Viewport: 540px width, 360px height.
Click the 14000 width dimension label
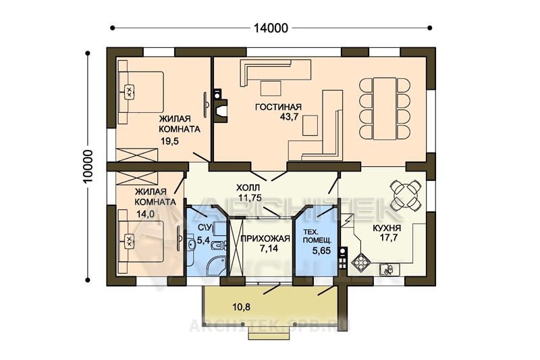271,28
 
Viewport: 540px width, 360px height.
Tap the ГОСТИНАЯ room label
278,107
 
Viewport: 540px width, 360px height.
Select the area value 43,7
289,117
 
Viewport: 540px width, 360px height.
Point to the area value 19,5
170,141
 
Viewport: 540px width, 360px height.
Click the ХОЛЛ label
248,188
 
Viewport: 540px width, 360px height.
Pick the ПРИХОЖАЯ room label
265,238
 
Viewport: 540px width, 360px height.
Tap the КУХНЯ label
386,228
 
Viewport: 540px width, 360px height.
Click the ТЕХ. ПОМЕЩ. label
317,236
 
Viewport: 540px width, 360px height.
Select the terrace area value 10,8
241,307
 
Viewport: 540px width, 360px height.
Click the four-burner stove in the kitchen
360,261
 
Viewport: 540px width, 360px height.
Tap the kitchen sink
389,269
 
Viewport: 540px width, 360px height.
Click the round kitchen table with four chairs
406,195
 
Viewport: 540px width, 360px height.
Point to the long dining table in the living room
385,109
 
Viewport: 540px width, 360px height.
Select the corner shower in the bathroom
216,265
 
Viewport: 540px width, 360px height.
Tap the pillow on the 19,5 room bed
129,92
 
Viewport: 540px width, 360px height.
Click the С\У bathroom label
205,228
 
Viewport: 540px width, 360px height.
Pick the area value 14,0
145,214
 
